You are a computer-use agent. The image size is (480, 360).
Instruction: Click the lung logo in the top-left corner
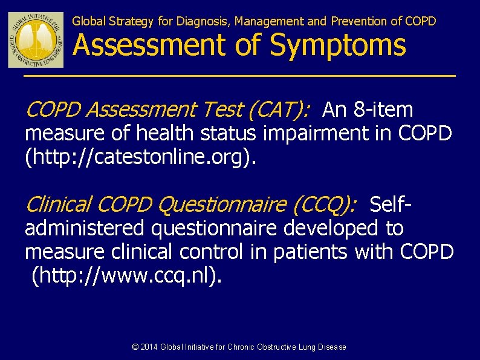click(x=35, y=39)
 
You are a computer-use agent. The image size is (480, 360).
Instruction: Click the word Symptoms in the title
click(x=338, y=45)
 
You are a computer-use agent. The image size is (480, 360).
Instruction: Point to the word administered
click(x=85, y=228)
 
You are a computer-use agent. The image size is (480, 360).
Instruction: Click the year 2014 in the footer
click(x=149, y=347)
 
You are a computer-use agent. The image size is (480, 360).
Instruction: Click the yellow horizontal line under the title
click(x=239, y=76)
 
